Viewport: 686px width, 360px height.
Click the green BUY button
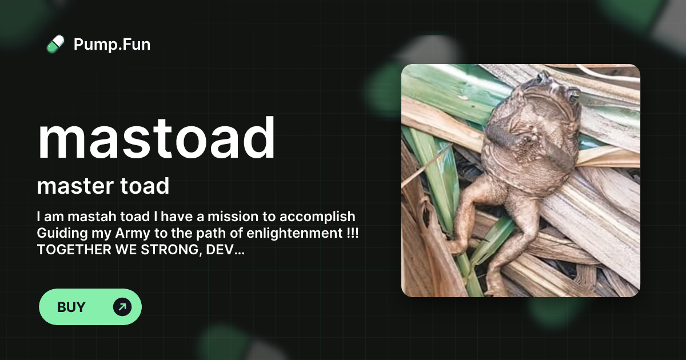coord(90,307)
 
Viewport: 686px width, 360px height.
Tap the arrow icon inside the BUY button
coord(122,307)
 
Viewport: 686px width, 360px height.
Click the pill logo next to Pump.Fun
coord(55,44)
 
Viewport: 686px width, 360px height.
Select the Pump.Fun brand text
coord(112,44)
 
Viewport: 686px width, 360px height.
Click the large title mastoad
coord(156,138)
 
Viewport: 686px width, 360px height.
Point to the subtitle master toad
coord(103,186)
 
